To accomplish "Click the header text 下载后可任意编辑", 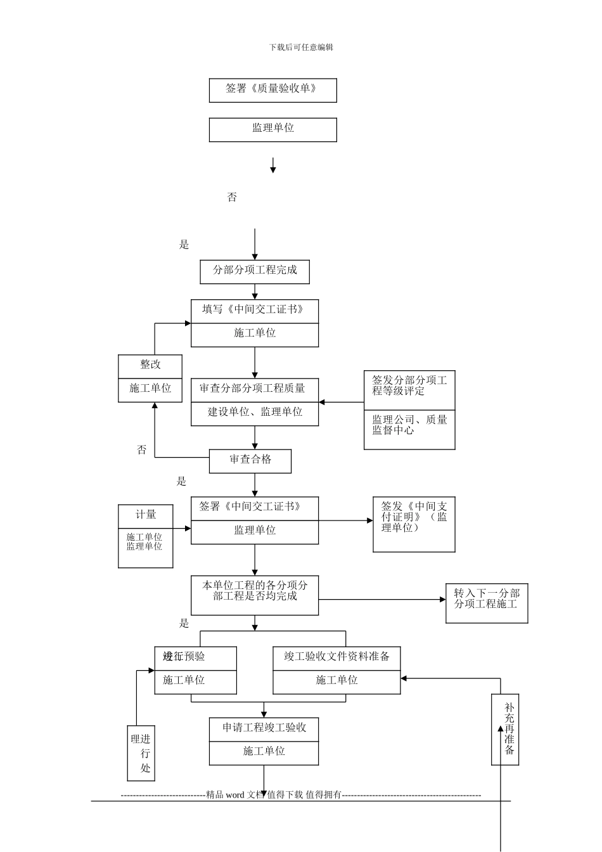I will pyautogui.click(x=301, y=47).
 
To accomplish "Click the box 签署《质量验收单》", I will pyautogui.click(x=272, y=89).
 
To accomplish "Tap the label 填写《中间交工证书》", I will pyautogui.click(x=254, y=310).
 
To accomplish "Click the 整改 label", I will pyautogui.click(x=150, y=365).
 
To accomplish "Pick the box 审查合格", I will pyautogui.click(x=250, y=460).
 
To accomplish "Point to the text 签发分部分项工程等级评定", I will pyautogui.click(x=409, y=385).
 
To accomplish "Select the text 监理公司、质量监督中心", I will pyautogui.click(x=409, y=425).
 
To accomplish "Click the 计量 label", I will pyautogui.click(x=146, y=515).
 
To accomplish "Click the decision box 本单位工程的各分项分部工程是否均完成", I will pyautogui.click(x=255, y=595).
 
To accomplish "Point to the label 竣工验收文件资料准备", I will pyautogui.click(x=336, y=657).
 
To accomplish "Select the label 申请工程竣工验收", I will pyautogui.click(x=264, y=728).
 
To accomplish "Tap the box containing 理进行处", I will pyautogui.click(x=141, y=752).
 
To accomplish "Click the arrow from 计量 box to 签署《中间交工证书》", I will pyautogui.click(x=182, y=528).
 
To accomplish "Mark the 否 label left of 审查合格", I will pyautogui.click(x=142, y=450).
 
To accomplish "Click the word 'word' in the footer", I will pyautogui.click(x=234, y=795).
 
